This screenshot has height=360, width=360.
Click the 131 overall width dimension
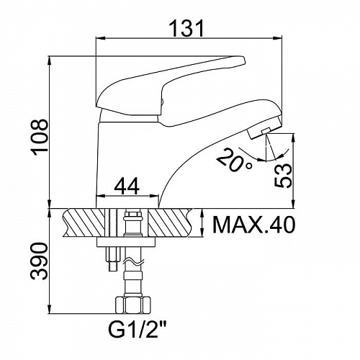click(186, 28)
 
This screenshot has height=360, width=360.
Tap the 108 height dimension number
click(40, 138)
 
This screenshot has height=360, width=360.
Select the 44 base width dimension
click(127, 186)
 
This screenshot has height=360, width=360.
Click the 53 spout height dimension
click(284, 176)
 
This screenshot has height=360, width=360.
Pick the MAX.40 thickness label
click(253, 225)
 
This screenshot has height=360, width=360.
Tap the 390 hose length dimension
click(39, 261)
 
